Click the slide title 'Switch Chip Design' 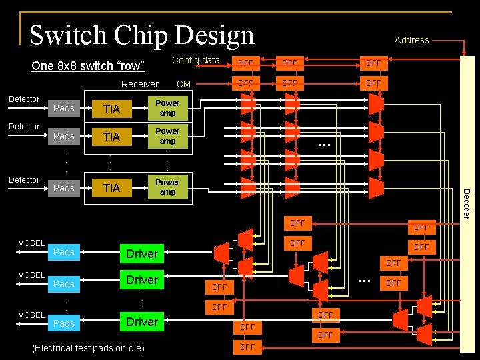(142, 35)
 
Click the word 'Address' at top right (411, 40)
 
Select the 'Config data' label (196, 61)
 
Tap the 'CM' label (183, 84)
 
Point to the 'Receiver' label (140, 84)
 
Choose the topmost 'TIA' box (111, 109)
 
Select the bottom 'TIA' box (111, 189)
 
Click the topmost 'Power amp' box (167, 108)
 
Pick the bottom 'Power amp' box (167, 187)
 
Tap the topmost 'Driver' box (142, 253)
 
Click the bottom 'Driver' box (142, 322)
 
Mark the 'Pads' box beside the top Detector (64, 109)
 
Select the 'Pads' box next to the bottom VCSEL (64, 323)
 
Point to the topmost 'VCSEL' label (32, 243)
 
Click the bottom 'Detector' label (24, 180)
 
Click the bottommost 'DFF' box (247, 347)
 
